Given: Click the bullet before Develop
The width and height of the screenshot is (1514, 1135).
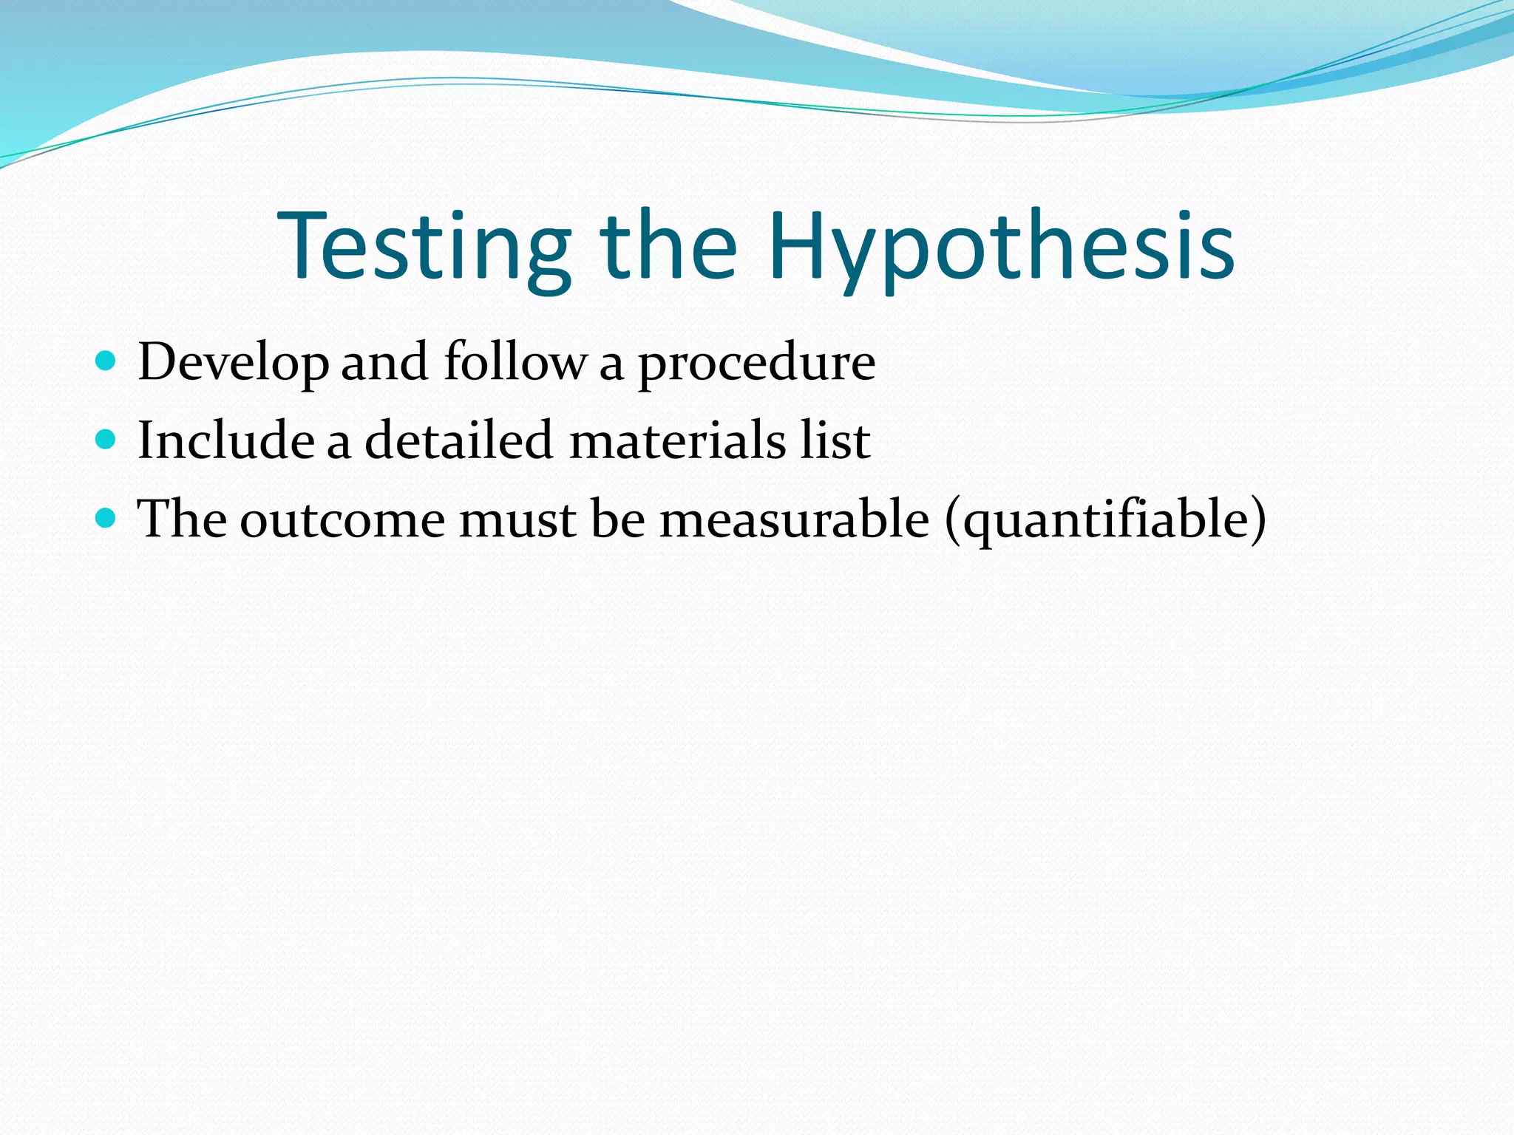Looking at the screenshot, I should point(106,361).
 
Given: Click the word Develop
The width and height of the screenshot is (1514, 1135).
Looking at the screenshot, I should point(233,363).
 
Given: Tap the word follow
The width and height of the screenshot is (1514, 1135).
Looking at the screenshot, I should point(515,363).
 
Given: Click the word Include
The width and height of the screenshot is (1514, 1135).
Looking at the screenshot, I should point(225,440).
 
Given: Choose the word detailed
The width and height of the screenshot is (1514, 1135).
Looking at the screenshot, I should point(458,440).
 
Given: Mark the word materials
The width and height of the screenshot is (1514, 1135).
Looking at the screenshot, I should point(678,440).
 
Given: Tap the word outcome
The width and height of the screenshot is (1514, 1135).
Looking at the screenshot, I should point(342,519).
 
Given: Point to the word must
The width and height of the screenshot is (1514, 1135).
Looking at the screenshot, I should point(517,519).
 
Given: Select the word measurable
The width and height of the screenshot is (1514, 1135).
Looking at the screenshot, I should point(794,519).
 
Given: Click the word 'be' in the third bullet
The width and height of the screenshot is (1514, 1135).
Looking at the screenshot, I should point(618,519).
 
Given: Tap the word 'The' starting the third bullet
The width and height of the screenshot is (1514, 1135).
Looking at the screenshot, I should point(182,519).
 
